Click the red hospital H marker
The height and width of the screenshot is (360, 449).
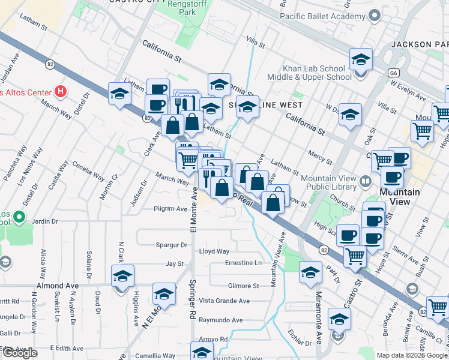click(x=60, y=92)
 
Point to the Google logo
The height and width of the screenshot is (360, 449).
click(x=19, y=353)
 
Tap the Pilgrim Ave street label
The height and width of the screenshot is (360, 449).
click(x=170, y=209)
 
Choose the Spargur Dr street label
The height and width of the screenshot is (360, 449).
click(x=172, y=245)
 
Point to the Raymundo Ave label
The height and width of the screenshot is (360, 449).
click(x=221, y=320)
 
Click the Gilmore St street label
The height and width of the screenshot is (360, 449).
click(x=243, y=286)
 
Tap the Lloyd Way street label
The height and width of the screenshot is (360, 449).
click(x=215, y=251)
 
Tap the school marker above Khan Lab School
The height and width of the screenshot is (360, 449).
click(x=361, y=59)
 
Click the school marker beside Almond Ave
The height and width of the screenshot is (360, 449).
click(x=123, y=276)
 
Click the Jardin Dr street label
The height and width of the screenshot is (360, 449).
click(x=46, y=221)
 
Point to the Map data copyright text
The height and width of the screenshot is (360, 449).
click(x=412, y=355)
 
